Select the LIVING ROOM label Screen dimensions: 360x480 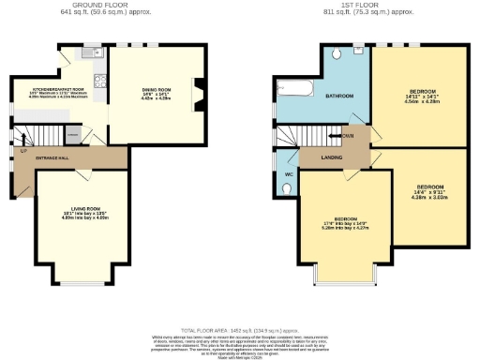click(x=85, y=209)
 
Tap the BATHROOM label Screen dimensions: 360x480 click(x=338, y=96)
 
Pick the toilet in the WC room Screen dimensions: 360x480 click(x=285, y=188)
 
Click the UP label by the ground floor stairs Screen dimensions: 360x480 click(x=23, y=149)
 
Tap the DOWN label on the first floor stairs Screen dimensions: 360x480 click(x=348, y=135)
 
